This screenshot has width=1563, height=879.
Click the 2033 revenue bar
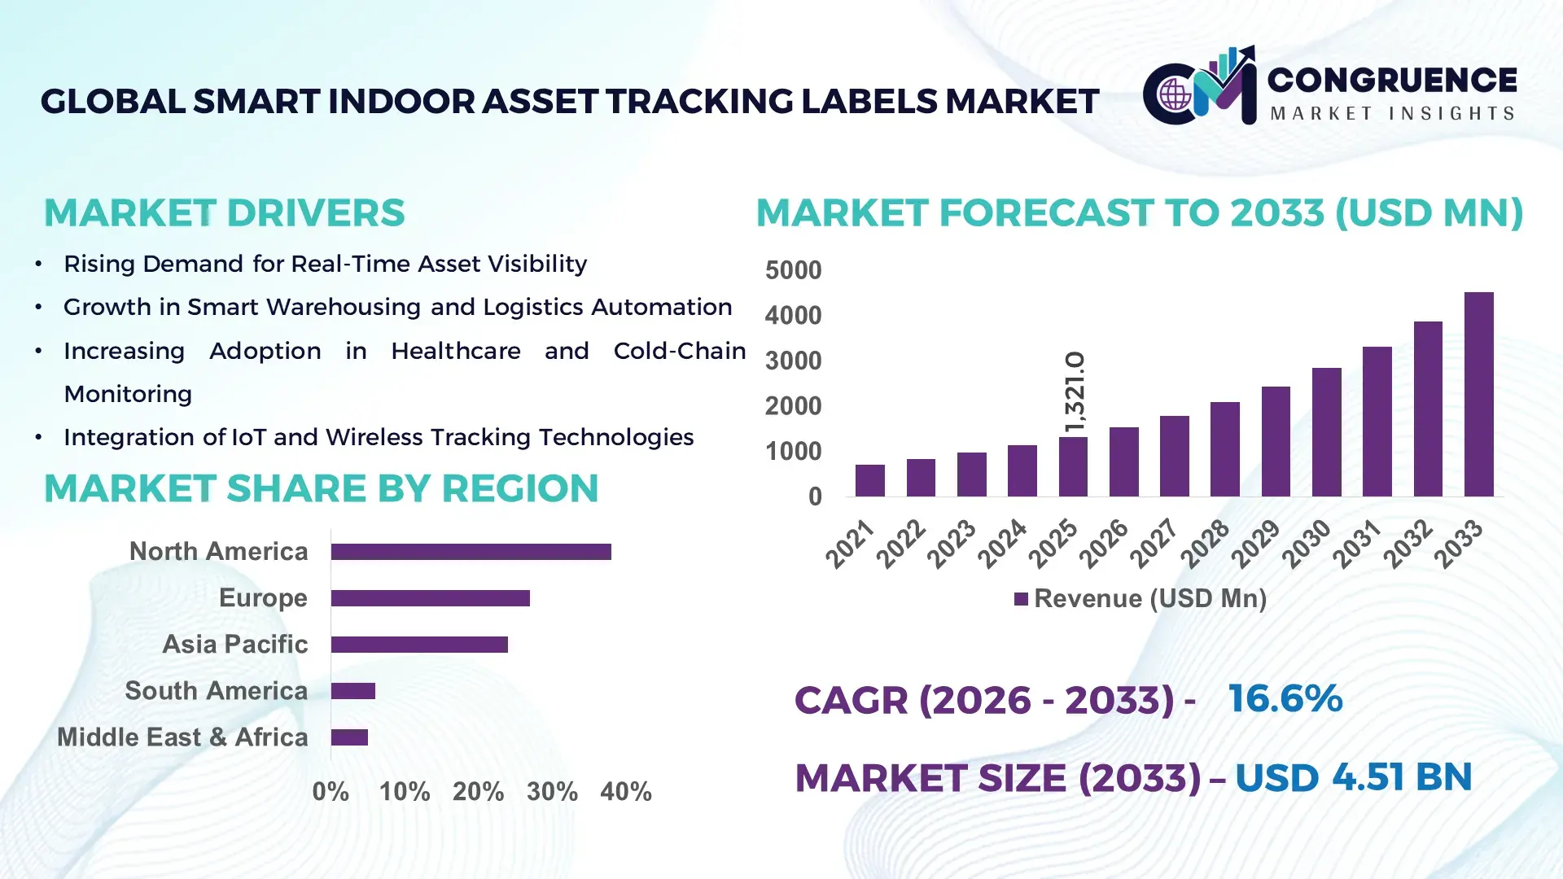tap(1478, 395)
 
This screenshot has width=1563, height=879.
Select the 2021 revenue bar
tap(869, 481)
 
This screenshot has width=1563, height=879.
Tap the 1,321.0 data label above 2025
tap(1075, 392)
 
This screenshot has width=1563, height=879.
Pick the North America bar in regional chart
tap(471, 552)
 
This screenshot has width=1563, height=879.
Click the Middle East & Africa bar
tap(349, 737)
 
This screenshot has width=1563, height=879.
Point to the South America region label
tap(216, 691)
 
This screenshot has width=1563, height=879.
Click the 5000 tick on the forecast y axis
tap(793, 270)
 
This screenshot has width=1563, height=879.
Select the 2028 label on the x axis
tap(1206, 543)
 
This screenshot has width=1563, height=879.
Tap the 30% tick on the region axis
tap(552, 791)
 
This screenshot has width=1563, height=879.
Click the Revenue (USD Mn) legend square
tap(1021, 599)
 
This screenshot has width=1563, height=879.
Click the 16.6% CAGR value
tap(1285, 698)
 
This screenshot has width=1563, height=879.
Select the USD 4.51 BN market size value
tap(1353, 777)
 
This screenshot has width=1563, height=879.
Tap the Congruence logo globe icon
tap(1175, 95)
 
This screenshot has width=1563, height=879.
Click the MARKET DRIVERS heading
tap(224, 213)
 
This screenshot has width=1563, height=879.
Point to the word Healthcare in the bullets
tap(455, 351)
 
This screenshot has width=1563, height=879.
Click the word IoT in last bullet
tap(248, 437)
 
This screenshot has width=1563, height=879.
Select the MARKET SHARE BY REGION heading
tap(321, 488)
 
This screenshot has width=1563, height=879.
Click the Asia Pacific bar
tap(419, 645)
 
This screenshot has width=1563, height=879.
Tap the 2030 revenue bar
tap(1326, 432)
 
